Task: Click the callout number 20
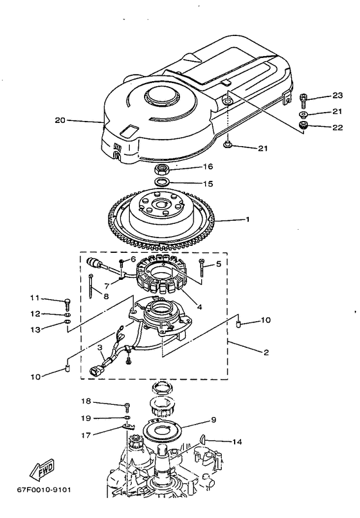pyautogui.click(x=60, y=120)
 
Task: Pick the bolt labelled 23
pyautogui.click(x=303, y=99)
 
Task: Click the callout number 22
pyautogui.click(x=337, y=127)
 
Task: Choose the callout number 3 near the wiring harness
pyautogui.click(x=100, y=348)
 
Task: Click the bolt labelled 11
pyautogui.click(x=67, y=301)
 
